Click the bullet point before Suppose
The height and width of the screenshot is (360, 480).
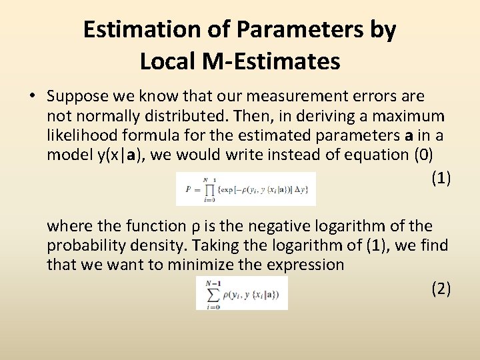point(32,97)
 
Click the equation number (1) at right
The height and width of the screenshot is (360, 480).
point(441,178)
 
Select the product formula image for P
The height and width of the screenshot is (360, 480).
point(245,189)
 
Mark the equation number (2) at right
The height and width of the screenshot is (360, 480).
point(441,288)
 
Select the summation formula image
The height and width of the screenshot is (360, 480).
point(241,293)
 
